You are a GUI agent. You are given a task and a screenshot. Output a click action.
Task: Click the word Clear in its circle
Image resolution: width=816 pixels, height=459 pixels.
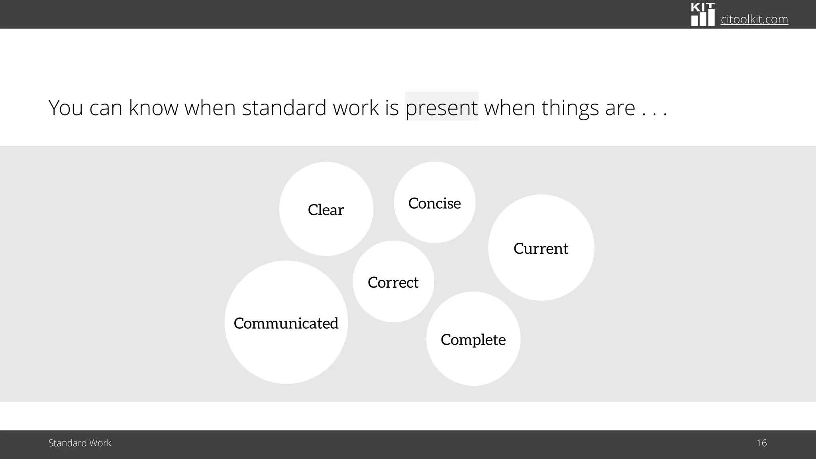click(326, 210)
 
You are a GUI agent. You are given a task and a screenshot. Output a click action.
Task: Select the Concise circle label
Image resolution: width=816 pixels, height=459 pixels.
click(434, 203)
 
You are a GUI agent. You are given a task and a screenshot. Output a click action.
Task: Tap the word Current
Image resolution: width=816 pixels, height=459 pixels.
click(541, 249)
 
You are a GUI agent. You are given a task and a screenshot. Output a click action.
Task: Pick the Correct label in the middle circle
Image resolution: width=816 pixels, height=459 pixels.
click(393, 282)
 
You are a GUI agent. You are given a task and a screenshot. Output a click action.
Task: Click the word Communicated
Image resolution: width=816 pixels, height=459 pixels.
click(286, 323)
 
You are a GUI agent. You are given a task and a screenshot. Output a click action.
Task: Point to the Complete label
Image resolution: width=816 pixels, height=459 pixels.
click(473, 340)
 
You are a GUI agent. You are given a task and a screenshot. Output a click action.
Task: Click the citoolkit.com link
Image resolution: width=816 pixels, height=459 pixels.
click(754, 19)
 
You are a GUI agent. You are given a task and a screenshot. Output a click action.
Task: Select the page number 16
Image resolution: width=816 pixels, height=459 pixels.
click(761, 443)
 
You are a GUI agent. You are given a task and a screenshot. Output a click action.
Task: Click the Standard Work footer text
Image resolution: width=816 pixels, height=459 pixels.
click(80, 443)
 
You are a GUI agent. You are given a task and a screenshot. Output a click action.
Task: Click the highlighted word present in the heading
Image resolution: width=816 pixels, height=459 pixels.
click(441, 108)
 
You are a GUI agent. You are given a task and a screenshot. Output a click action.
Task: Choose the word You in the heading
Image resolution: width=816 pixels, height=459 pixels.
click(65, 108)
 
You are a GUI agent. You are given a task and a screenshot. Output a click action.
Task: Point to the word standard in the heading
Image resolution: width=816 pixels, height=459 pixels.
click(284, 108)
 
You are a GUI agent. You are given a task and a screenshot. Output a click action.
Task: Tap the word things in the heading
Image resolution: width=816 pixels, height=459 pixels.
click(570, 108)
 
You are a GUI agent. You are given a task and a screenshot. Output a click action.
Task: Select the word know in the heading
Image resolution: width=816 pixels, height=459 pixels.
click(153, 108)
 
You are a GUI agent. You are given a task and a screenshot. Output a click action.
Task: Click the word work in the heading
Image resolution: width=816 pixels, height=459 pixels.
click(355, 108)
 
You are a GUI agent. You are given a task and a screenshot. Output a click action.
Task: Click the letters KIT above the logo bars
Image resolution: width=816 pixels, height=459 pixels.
click(702, 7)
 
